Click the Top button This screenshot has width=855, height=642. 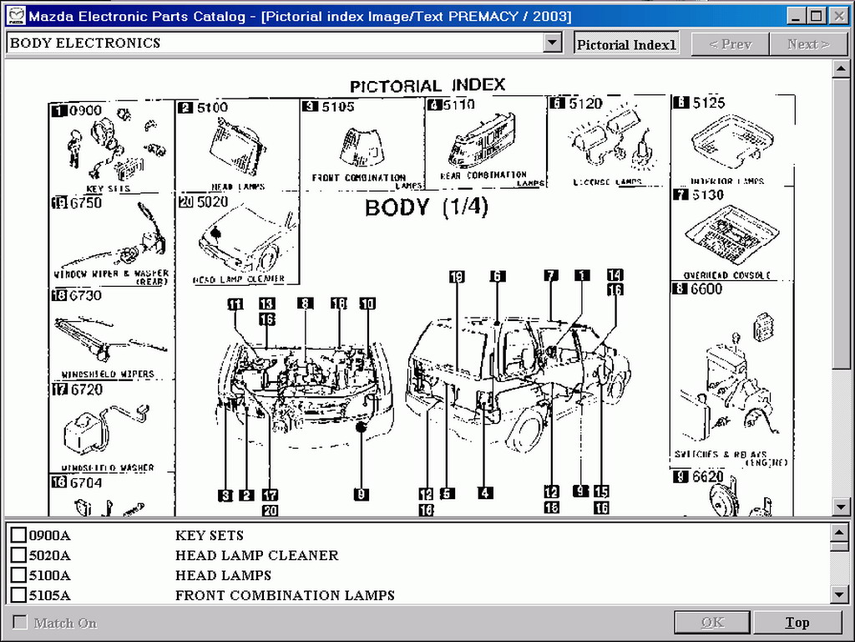(x=797, y=622)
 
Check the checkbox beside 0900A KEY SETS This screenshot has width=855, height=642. (x=18, y=535)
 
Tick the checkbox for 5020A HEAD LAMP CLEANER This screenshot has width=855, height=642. (x=18, y=555)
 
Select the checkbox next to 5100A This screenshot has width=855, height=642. (x=18, y=575)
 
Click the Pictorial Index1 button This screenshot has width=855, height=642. (x=626, y=44)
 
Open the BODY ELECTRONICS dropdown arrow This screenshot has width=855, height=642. (x=552, y=43)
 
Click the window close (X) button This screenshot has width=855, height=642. (x=838, y=16)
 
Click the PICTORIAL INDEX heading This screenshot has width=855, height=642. (x=427, y=85)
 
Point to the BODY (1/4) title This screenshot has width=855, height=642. (x=426, y=206)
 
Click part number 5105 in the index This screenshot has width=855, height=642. (x=337, y=107)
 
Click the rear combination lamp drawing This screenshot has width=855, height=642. (x=482, y=140)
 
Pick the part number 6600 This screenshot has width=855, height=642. (x=706, y=289)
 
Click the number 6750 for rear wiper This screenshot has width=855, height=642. (x=85, y=203)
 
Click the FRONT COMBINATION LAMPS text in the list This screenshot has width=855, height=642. (x=285, y=595)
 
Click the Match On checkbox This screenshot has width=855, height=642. (x=20, y=623)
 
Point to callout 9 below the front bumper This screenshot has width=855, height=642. (x=362, y=494)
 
